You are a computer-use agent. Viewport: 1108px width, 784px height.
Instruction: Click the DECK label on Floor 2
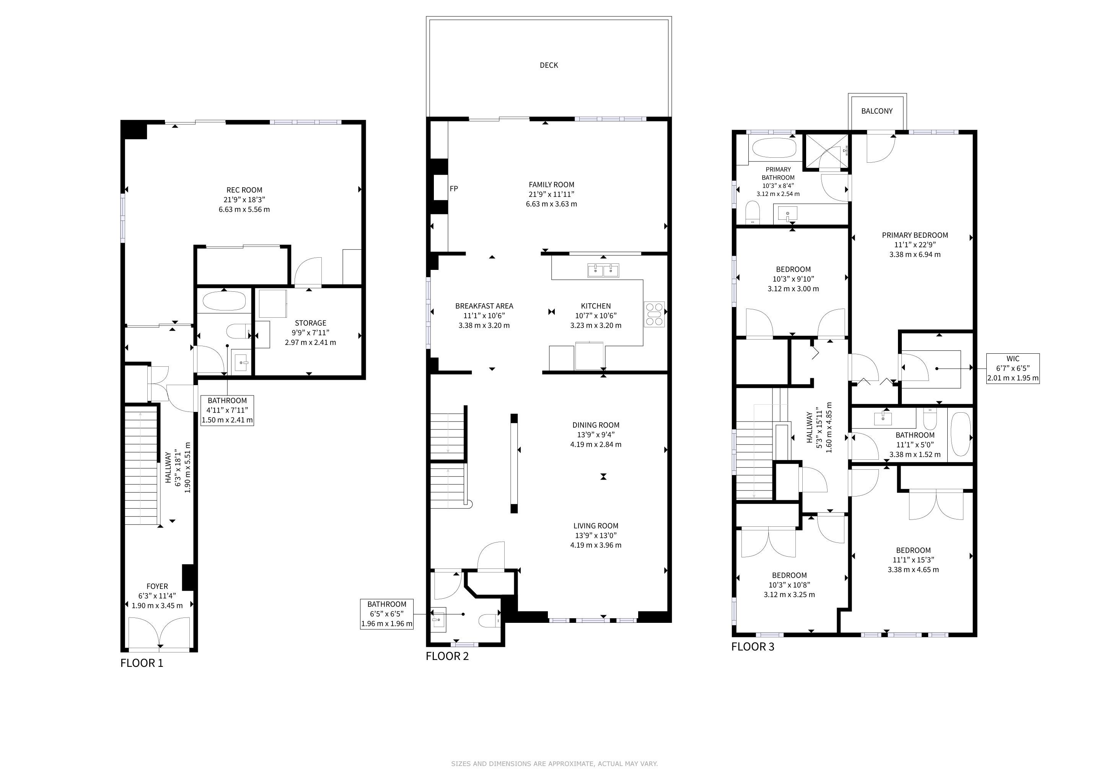[549, 65]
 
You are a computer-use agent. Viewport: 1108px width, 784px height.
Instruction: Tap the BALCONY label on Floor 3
[877, 111]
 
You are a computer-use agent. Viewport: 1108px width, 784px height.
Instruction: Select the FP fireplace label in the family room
[454, 189]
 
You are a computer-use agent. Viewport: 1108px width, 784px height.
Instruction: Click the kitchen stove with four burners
[654, 314]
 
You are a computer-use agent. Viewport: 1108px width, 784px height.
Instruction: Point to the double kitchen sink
[603, 270]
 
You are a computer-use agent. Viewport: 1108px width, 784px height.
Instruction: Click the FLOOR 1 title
[142, 663]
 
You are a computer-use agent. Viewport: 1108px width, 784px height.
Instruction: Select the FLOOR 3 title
[753, 647]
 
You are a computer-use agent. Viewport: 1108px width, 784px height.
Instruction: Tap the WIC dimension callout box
[1013, 368]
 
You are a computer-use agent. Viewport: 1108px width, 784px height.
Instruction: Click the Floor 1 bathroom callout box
[227, 410]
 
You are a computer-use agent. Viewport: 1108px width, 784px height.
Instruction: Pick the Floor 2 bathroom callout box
[387, 614]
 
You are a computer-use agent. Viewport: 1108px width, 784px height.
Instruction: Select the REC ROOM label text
[244, 190]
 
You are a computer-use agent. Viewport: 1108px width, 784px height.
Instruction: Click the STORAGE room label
[311, 323]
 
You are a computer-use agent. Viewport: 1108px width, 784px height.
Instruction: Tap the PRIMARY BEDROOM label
[915, 235]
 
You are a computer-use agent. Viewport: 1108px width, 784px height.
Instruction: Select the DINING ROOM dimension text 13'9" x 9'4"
[596, 434]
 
